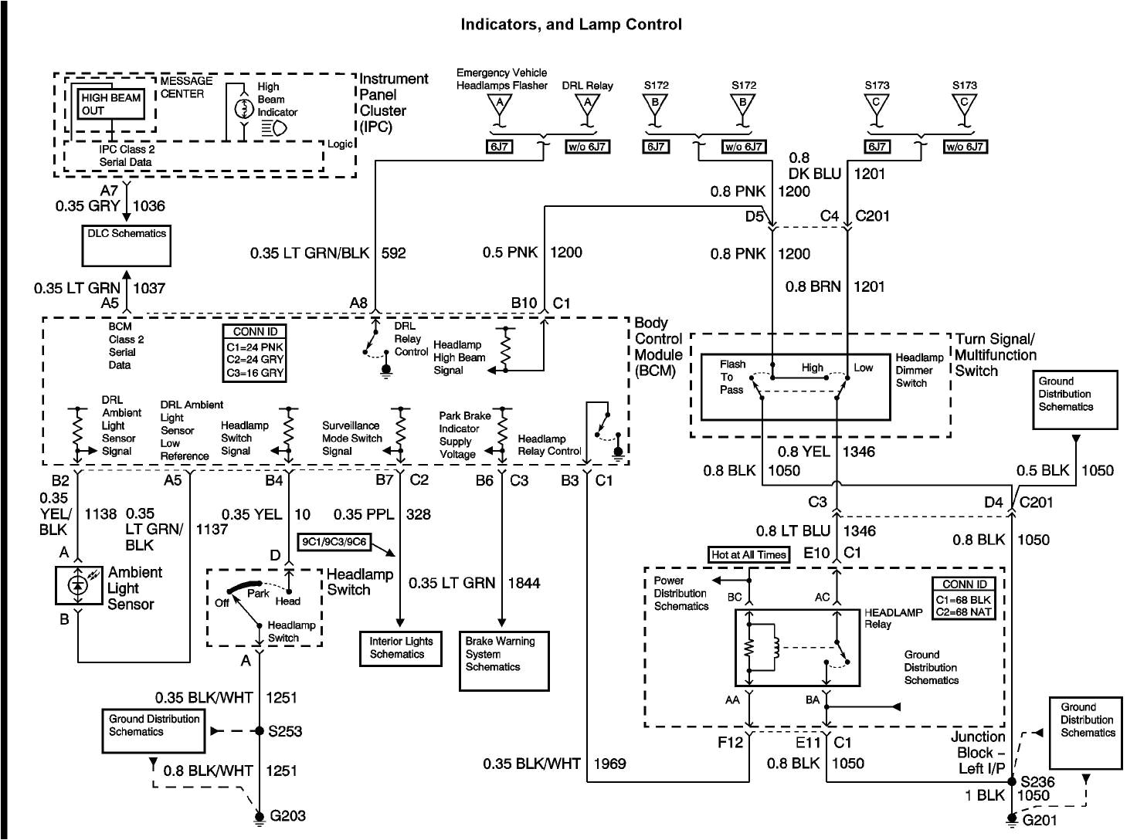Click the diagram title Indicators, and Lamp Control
point(571,25)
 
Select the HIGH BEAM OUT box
point(111,104)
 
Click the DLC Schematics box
point(127,245)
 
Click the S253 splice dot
point(260,730)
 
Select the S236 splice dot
point(1012,781)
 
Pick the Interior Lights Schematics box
point(400,648)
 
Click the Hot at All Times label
point(748,554)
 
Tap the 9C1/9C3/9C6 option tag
point(334,542)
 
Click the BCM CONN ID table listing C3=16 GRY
point(254,352)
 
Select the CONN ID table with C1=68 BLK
point(964,598)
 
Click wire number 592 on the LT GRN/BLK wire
point(393,252)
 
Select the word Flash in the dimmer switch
point(732,364)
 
